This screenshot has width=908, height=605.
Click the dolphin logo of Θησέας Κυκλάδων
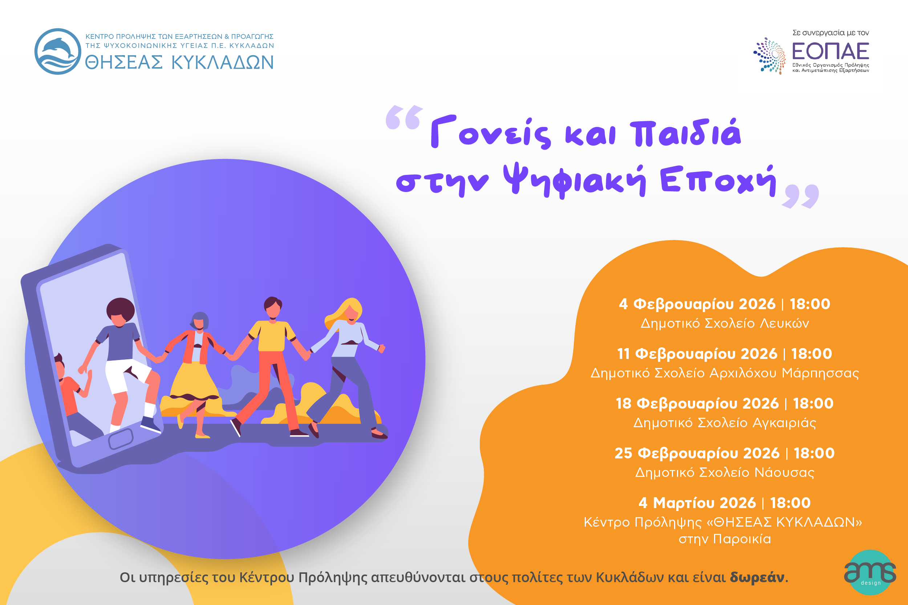click(58, 51)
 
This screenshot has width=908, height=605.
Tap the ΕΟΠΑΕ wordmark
click(830, 51)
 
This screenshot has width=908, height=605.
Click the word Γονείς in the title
click(491, 132)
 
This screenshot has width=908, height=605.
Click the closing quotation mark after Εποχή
click(800, 196)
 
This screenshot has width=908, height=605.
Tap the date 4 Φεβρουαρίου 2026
click(697, 304)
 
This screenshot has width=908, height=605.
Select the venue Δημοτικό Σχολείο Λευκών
click(725, 323)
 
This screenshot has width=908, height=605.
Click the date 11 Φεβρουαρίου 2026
click(697, 354)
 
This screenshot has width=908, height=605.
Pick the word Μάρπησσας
click(820, 373)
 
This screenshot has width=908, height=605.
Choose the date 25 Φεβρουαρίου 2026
click(697, 453)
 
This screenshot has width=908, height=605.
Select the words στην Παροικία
click(725, 539)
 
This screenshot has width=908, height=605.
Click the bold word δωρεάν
click(757, 577)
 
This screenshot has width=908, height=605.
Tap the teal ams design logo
click(870, 573)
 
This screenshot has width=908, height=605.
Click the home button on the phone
click(121, 439)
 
